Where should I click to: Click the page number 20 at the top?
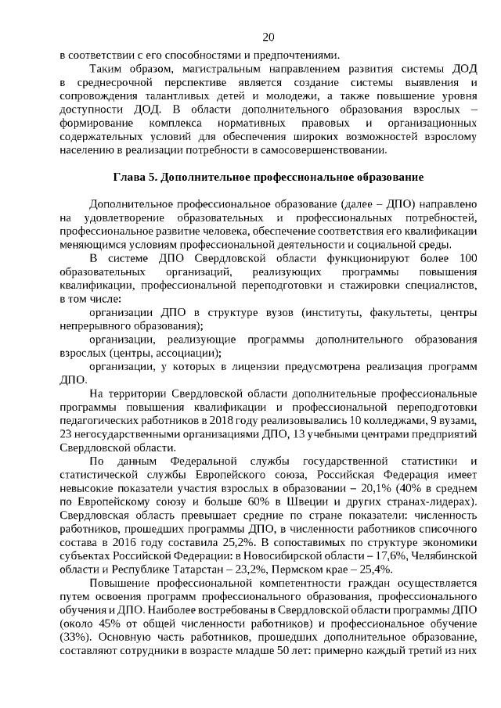click(269, 38)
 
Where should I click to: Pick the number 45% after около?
click(106, 626)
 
